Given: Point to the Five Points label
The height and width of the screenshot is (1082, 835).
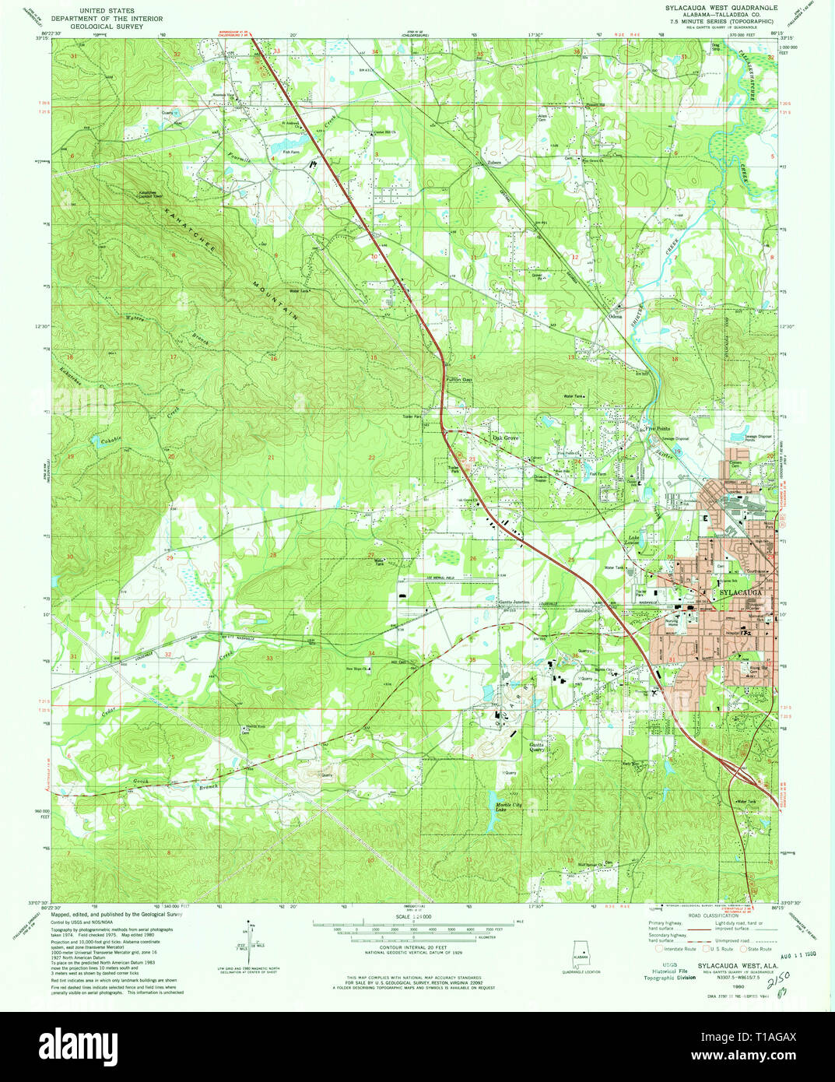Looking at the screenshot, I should [657, 427].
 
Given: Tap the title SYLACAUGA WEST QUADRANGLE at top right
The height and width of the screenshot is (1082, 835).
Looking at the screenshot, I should [721, 6].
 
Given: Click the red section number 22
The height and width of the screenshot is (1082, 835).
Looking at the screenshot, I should [372, 458].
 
